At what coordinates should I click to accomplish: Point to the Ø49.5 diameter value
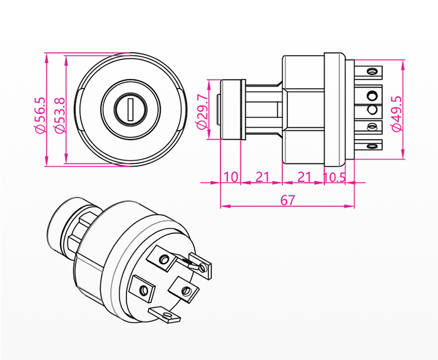pos(395,113)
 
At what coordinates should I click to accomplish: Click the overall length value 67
pos(288,200)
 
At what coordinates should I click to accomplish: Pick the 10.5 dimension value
pos(335,177)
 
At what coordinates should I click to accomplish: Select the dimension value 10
pos(231,177)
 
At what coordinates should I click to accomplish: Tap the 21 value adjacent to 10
pos(262,177)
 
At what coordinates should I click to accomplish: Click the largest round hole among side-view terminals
pos(372,95)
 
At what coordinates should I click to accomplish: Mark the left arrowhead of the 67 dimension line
pos(223,205)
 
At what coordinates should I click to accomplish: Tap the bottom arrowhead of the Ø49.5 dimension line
pos(402,155)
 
